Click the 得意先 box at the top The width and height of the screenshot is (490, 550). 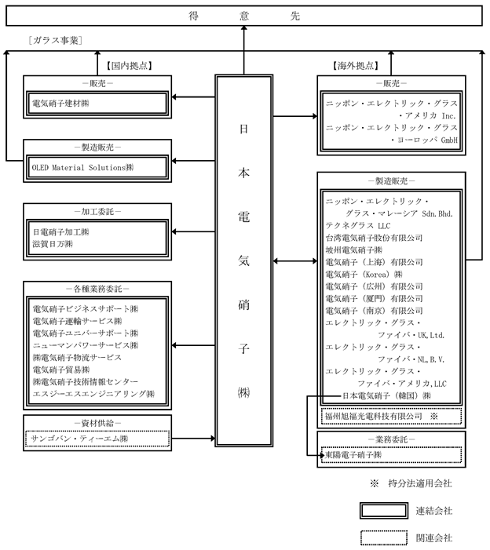point(245,14)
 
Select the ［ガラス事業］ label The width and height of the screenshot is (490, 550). point(56,40)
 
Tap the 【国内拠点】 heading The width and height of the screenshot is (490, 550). point(129,66)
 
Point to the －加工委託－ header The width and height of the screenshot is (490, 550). point(97,212)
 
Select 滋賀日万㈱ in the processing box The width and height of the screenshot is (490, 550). point(53,245)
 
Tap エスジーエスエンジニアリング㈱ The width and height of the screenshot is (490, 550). point(93,393)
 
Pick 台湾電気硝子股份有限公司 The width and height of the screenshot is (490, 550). point(375,237)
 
